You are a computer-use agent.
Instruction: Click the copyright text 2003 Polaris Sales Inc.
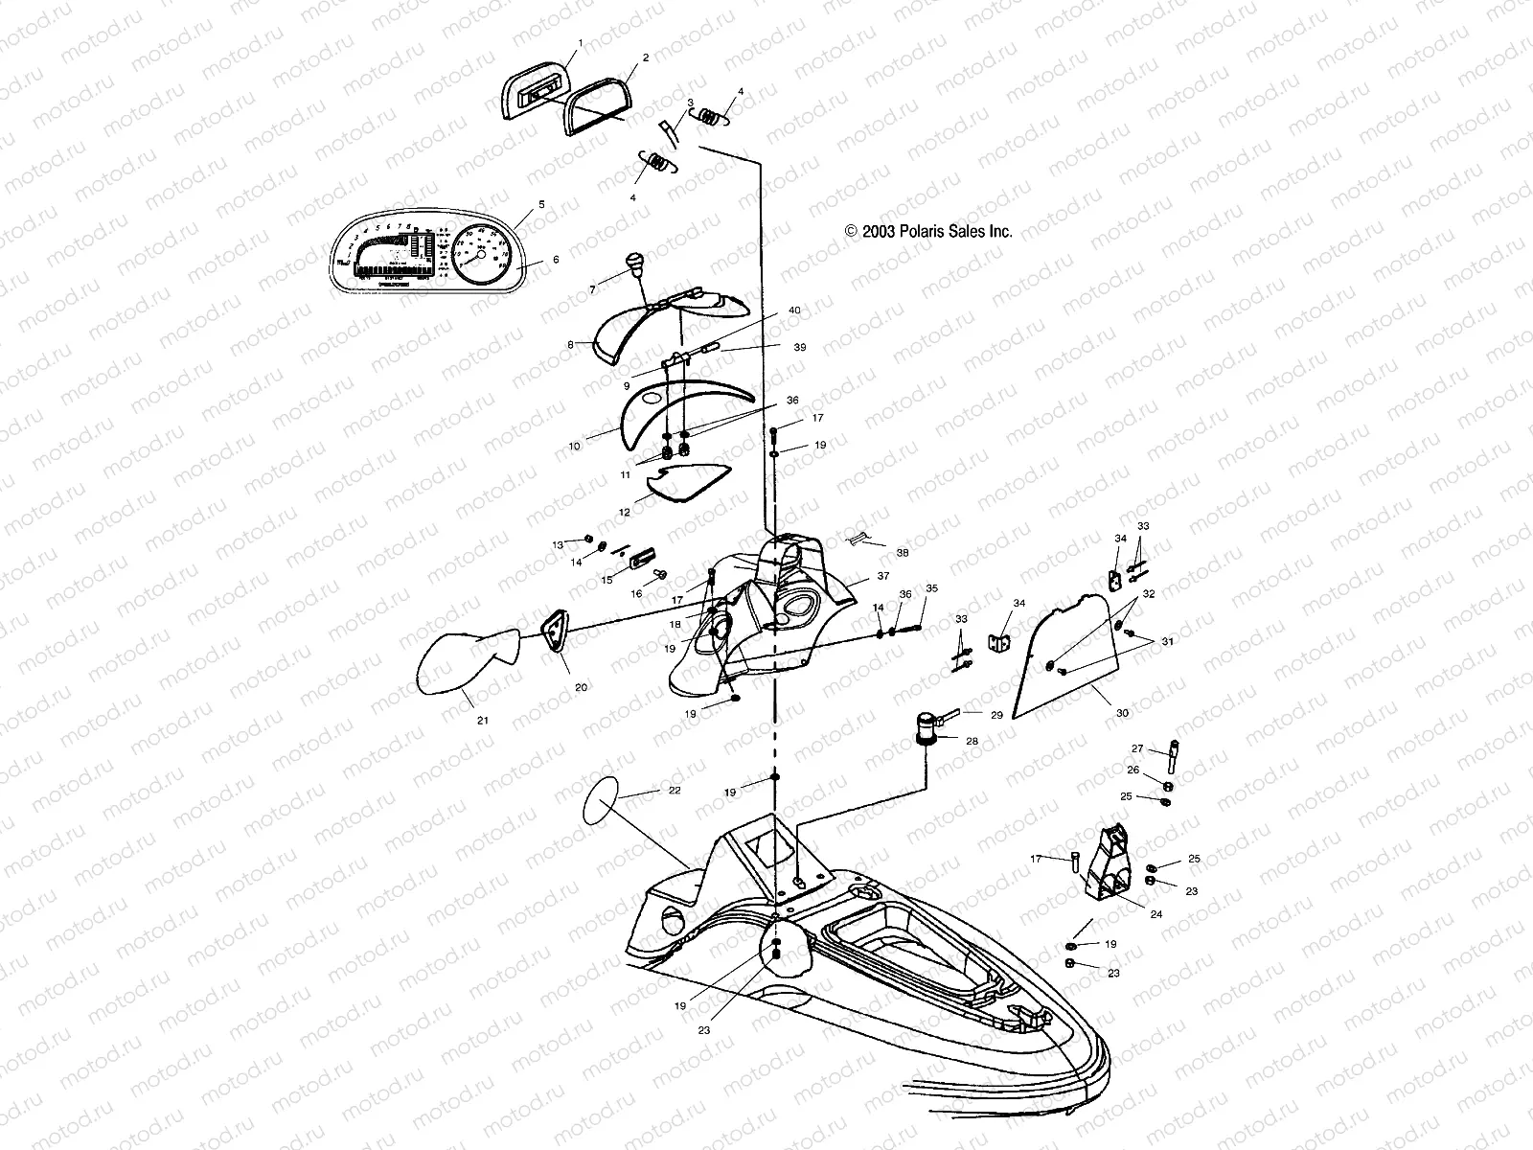coord(927,231)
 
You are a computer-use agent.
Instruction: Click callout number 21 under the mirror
coord(482,718)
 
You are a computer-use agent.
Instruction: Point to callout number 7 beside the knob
coord(592,288)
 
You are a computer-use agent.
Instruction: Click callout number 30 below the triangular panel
coord(1122,713)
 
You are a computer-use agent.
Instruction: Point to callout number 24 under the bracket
coord(1155,914)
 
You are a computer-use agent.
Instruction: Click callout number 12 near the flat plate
coord(624,513)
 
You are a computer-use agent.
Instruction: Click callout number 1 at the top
coord(580,44)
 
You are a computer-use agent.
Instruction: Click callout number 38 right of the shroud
coord(902,553)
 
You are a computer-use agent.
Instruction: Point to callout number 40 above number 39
coord(794,310)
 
